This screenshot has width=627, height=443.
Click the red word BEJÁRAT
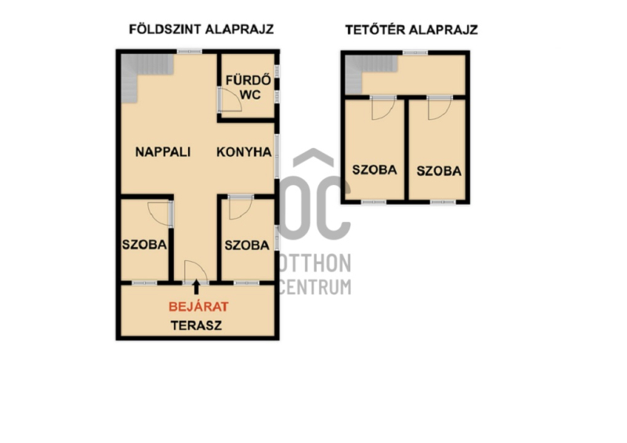click(198, 307)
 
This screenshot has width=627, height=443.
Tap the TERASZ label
click(197, 325)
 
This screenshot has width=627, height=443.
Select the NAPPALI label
click(163, 152)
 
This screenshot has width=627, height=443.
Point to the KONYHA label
click(244, 152)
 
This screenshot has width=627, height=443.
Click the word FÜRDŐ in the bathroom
click(248, 80)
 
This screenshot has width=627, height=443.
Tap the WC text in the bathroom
click(250, 95)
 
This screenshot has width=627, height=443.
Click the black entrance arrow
click(196, 287)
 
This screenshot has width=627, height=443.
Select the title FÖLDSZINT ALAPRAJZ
click(201, 29)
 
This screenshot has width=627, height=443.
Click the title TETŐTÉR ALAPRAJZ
click(411, 30)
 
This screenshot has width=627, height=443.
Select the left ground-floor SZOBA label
click(144, 245)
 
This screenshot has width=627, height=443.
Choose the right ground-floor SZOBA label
click(247, 245)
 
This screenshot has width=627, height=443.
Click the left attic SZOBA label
click(375, 169)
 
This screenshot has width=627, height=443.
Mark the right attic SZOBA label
click(439, 171)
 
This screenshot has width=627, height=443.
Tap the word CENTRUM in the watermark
click(315, 286)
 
